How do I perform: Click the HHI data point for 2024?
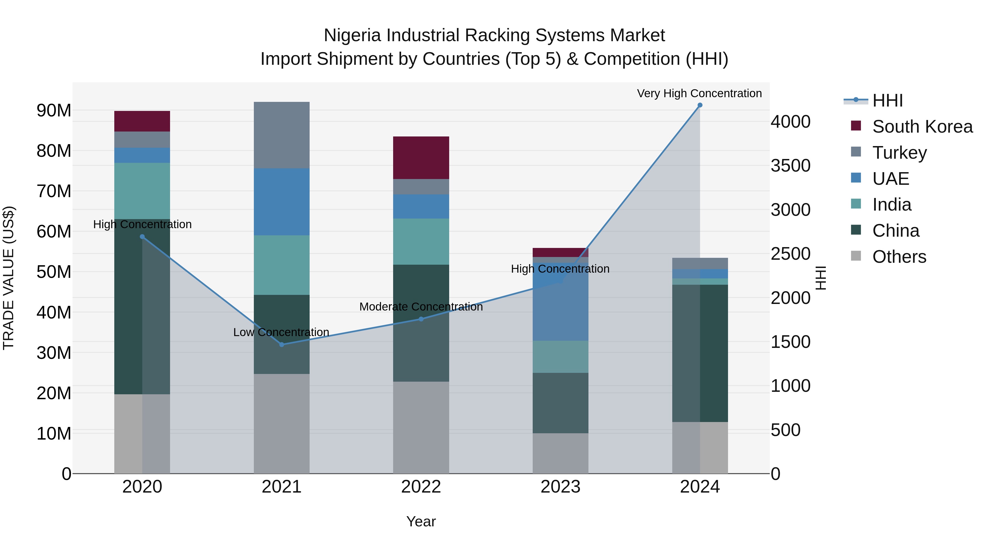[x=699, y=105]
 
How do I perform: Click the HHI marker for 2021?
[x=281, y=345]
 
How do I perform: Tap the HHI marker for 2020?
[x=142, y=237]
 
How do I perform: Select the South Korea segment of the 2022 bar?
[x=421, y=158]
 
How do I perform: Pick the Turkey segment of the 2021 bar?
[x=281, y=135]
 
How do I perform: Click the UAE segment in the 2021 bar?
[x=281, y=202]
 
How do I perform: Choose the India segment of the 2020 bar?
[x=142, y=191]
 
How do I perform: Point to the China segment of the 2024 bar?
[x=699, y=353]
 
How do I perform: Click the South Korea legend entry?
[x=922, y=127]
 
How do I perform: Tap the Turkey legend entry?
[x=899, y=153]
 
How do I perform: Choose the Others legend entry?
[x=899, y=257]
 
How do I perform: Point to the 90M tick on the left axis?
[x=54, y=110]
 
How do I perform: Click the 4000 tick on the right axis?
[x=790, y=122]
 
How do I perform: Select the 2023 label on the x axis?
[x=560, y=487]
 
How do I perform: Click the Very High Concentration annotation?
[x=699, y=93]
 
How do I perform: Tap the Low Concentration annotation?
[x=281, y=332]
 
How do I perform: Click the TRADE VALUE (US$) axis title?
[x=9, y=278]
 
